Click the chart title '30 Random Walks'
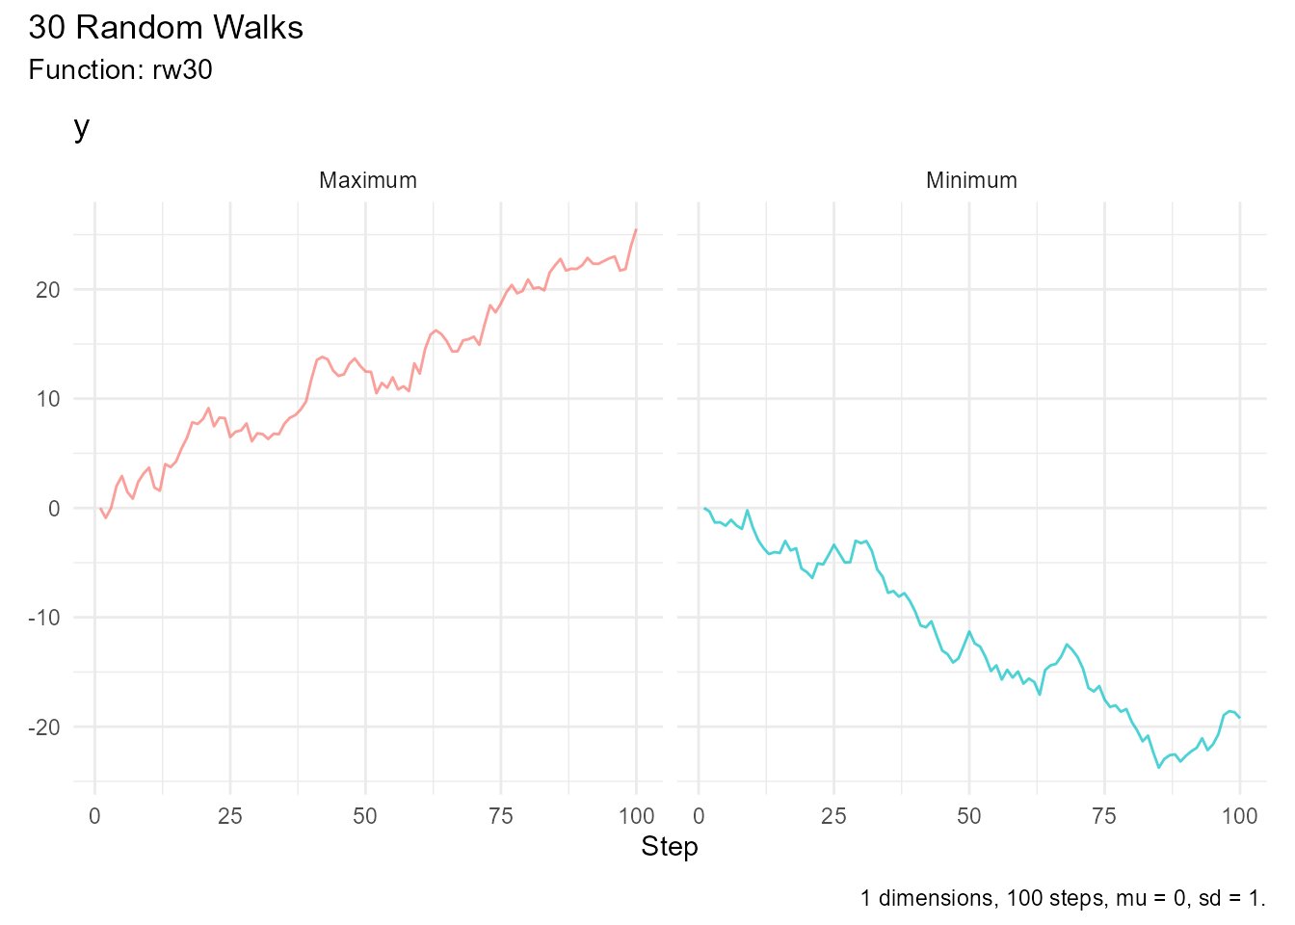(166, 28)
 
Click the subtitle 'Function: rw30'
(120, 70)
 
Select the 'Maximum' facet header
(368, 180)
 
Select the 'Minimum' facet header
(971, 180)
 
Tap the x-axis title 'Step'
(670, 847)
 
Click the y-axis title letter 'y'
(82, 127)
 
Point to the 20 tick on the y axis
(47, 290)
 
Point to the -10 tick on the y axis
(43, 618)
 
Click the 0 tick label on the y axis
(54, 509)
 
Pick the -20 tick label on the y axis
(43, 727)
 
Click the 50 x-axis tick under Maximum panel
(365, 817)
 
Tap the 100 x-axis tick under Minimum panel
(1239, 817)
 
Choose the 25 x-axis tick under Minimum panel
(833, 817)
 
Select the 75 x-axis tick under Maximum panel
(501, 817)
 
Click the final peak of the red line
(636, 229)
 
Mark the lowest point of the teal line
(1159, 767)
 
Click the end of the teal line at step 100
(1239, 717)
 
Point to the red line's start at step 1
(100, 508)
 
